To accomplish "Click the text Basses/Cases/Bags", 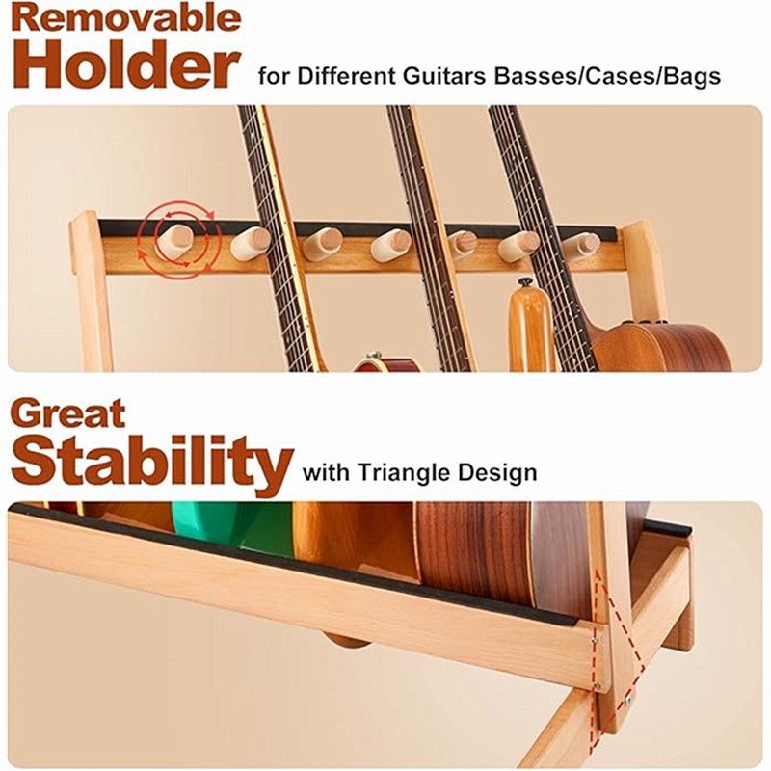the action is tap(607, 77).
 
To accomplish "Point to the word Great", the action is tap(67, 414).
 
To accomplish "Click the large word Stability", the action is tap(152, 463).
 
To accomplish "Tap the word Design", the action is tap(497, 473).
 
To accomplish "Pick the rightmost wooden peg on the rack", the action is tap(582, 245).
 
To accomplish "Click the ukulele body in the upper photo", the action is tap(665, 347).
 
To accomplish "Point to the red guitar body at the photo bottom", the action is tap(387, 364).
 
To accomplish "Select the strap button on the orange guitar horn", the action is tap(524, 283).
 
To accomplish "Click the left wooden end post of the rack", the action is tap(90, 290).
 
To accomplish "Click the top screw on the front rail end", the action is tap(594, 641).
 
